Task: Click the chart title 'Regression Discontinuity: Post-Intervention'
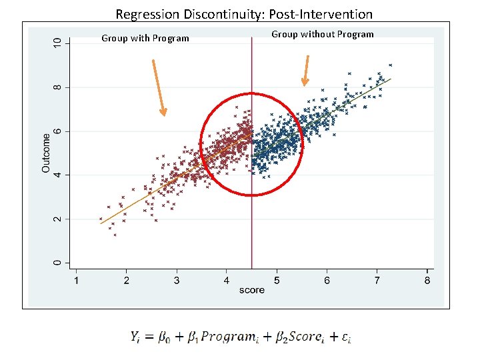[x=244, y=13]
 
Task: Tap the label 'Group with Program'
[x=145, y=38]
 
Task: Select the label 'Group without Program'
[x=323, y=34]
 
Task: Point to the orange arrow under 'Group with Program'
[x=159, y=87]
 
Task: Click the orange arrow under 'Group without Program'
[x=306, y=70]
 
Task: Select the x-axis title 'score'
[x=251, y=290]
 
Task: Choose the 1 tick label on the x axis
[x=75, y=281]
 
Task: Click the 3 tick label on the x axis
[x=176, y=281]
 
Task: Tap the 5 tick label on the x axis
[x=277, y=281]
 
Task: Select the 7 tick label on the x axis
[x=377, y=281]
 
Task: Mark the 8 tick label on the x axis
[x=427, y=281]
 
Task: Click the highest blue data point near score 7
[x=390, y=65]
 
